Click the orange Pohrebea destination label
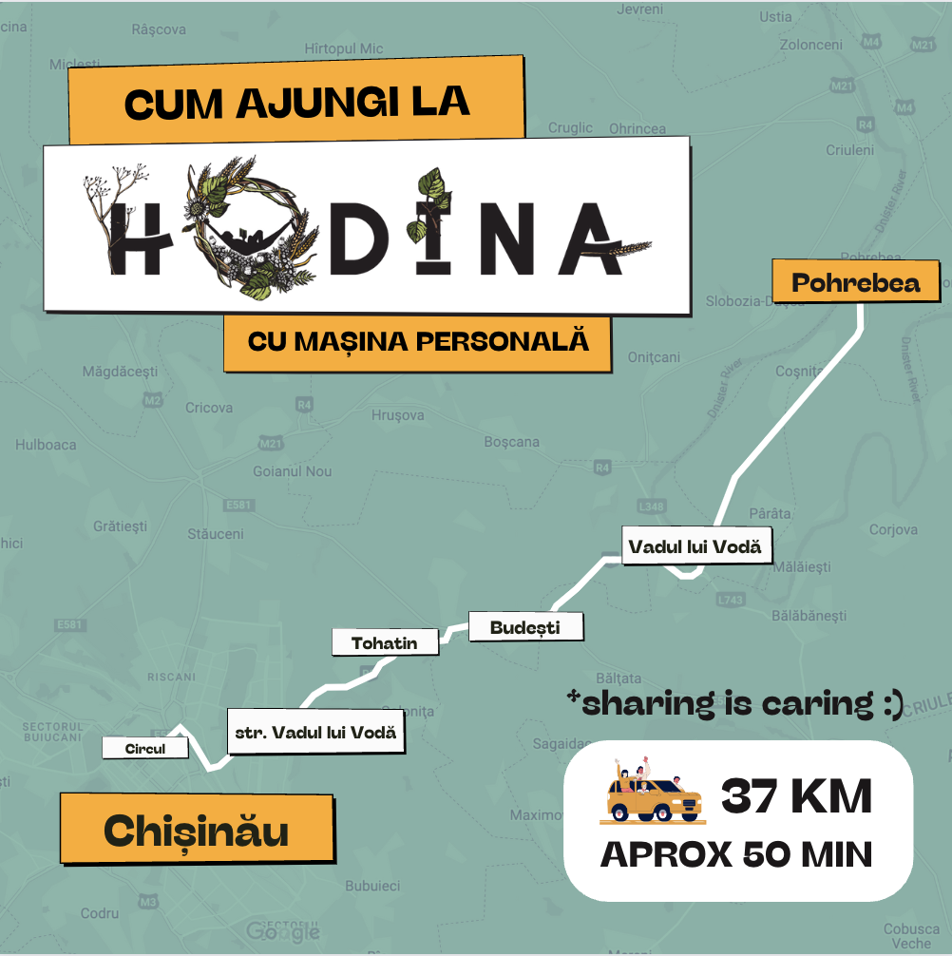click(856, 283)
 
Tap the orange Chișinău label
click(197, 831)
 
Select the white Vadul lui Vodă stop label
click(695, 546)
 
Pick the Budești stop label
click(525, 627)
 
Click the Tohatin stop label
click(385, 642)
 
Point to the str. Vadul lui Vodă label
click(314, 733)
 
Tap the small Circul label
click(145, 749)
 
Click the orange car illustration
click(651, 794)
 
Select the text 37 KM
click(796, 796)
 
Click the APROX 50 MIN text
click(736, 855)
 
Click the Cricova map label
click(209, 408)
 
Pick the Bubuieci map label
click(371, 886)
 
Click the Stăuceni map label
click(216, 534)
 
